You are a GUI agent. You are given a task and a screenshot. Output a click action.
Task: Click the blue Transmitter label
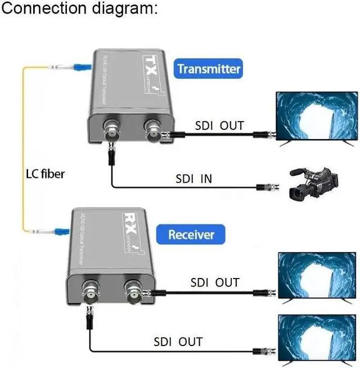click(x=209, y=69)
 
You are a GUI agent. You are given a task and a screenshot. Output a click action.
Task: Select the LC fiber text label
click(x=44, y=174)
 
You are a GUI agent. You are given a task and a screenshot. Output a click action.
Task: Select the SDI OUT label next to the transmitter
click(x=219, y=125)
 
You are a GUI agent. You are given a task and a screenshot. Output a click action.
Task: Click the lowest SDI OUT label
click(x=178, y=342)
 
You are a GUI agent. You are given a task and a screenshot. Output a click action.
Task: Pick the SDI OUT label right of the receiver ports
click(x=215, y=282)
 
